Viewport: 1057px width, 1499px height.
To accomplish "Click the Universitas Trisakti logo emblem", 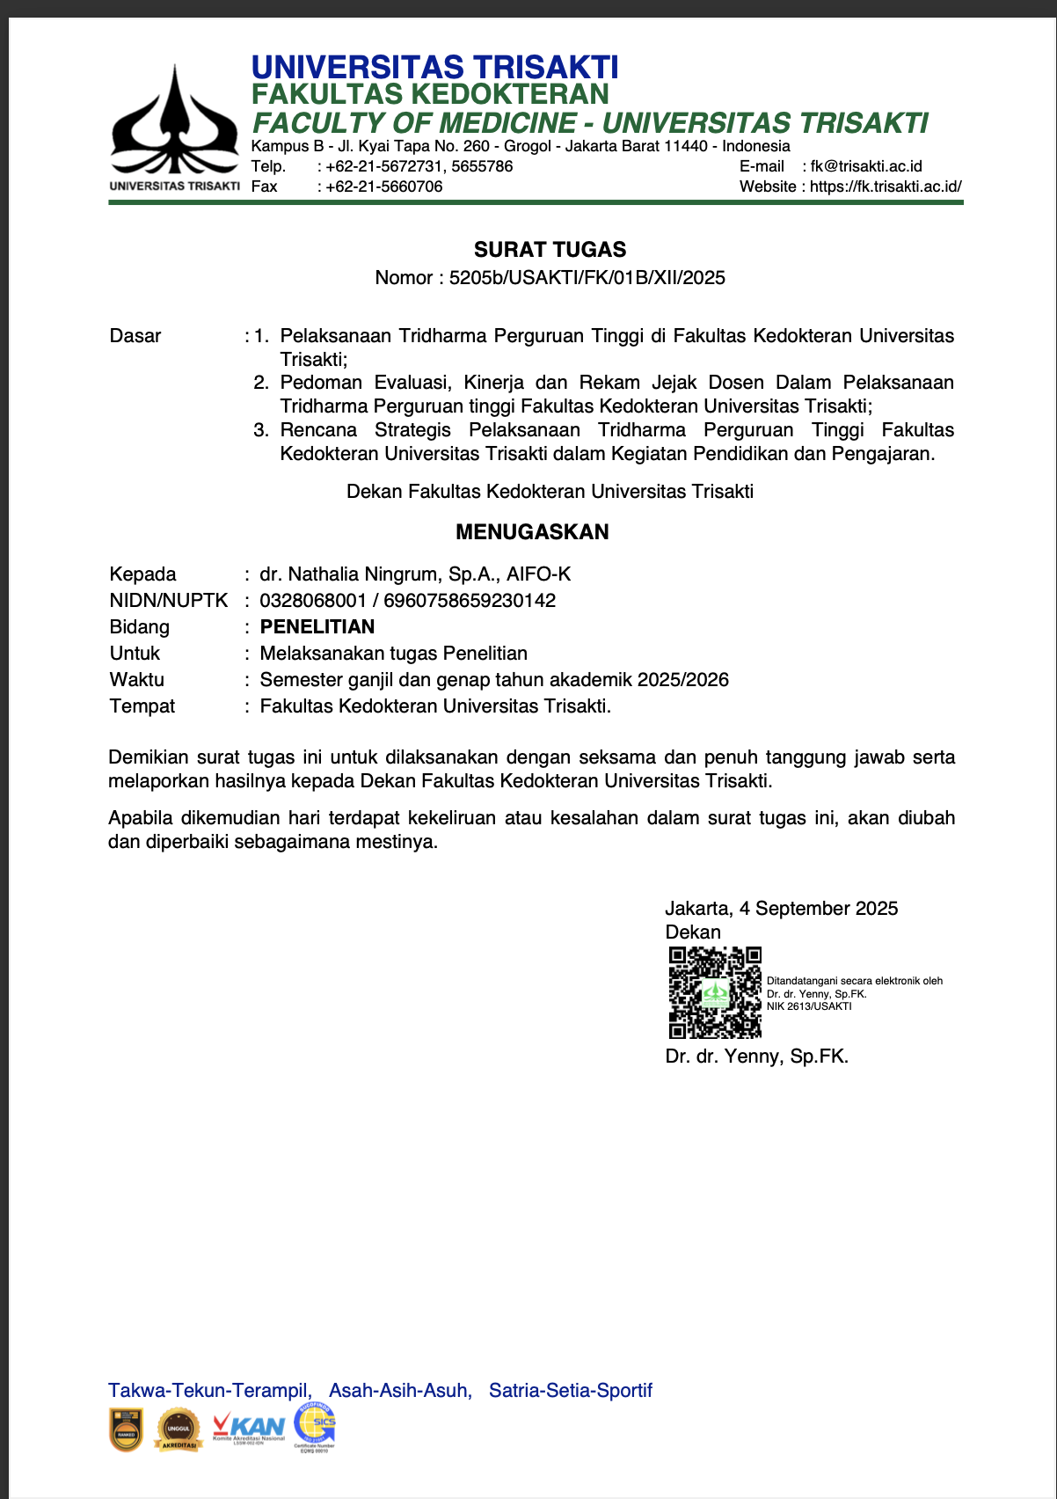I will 174,123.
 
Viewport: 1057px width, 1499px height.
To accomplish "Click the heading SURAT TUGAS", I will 550,250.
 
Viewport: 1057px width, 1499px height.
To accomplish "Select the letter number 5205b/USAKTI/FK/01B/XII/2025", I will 587,278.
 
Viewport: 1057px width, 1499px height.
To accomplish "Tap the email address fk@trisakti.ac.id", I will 866,166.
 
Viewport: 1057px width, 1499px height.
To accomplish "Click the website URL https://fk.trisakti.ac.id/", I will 886,186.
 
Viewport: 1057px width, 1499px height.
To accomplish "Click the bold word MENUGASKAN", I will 532,532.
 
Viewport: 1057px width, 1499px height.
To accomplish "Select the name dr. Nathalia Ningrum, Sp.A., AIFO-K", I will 415,574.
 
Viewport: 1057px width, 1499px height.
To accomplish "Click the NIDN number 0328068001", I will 313,601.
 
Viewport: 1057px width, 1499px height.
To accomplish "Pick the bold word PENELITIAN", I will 317,627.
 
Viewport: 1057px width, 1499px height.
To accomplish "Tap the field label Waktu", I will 137,680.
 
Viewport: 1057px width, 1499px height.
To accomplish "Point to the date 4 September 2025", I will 819,909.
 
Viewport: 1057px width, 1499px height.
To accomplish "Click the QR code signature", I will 715,993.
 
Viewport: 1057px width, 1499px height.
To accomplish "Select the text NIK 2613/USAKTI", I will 809,1006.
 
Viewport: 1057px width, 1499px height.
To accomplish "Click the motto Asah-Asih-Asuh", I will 400,1391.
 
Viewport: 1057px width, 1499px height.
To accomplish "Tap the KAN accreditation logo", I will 249,1429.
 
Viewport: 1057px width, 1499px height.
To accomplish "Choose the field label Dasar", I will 135,336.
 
